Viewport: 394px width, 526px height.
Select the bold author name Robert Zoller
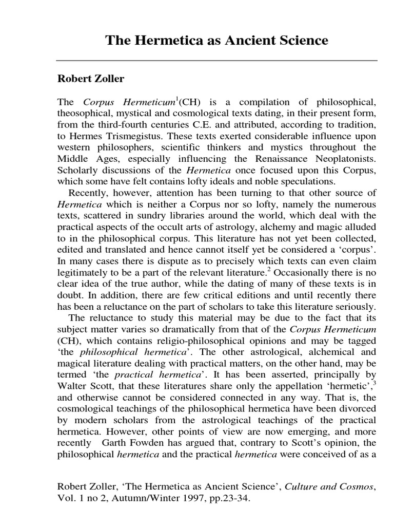click(90, 80)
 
